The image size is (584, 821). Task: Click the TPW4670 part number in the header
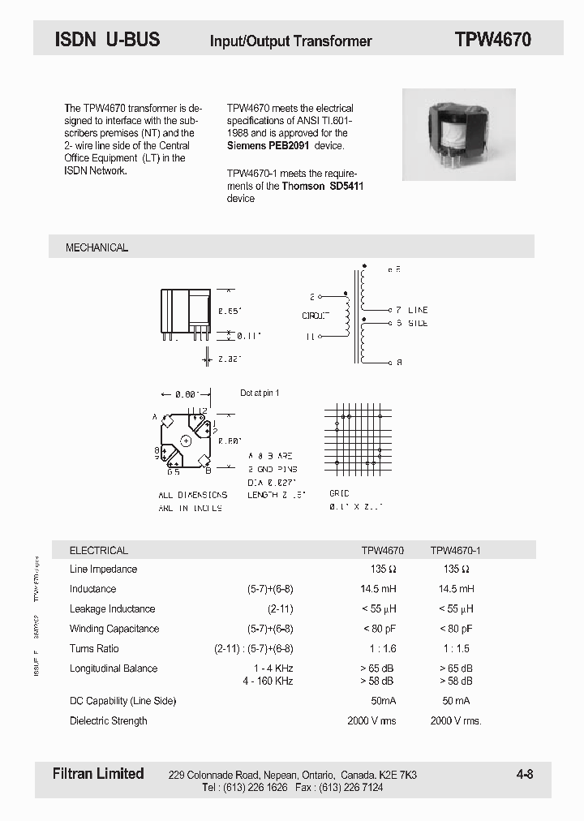tap(492, 40)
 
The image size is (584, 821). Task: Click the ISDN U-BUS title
tap(107, 39)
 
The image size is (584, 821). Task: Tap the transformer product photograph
tap(459, 134)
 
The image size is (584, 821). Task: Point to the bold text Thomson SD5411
tap(323, 186)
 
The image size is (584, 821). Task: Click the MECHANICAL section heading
tap(97, 247)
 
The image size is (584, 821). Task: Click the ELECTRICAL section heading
tap(99, 550)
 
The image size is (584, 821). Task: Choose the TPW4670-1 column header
tap(455, 550)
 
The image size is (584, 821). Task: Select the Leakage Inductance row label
tap(112, 609)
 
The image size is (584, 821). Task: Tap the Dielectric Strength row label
tap(109, 721)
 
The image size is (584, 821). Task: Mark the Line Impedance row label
tap(103, 570)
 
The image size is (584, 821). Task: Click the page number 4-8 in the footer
tap(524, 775)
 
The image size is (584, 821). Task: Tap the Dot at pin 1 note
tap(260, 393)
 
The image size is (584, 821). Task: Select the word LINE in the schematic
tap(418, 310)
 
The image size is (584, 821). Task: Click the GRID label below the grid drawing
tap(339, 493)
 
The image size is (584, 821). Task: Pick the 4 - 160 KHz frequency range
tap(268, 681)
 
